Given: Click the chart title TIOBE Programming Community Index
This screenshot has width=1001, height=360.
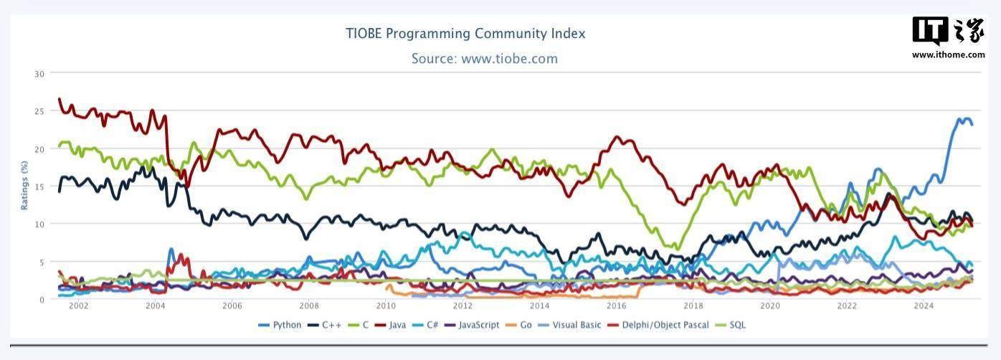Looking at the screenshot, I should point(465,34).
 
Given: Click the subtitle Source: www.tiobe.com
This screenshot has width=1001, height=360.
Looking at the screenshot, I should point(484,59).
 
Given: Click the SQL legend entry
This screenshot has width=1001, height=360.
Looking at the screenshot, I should point(732,325).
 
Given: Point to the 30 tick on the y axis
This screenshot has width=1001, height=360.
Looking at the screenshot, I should point(39,73).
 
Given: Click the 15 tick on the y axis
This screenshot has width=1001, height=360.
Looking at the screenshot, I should point(39,186).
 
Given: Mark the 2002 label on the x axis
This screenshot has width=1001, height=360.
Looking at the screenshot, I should point(78,306).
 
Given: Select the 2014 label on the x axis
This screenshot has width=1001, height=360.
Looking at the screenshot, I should point(539,306).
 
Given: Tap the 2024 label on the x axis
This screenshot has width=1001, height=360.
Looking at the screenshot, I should point(924,306).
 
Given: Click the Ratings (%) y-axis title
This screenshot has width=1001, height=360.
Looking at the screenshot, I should point(24,186).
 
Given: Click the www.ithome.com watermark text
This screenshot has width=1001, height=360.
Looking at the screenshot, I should point(948,55).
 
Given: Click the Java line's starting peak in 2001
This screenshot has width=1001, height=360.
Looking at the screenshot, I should point(60,99).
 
